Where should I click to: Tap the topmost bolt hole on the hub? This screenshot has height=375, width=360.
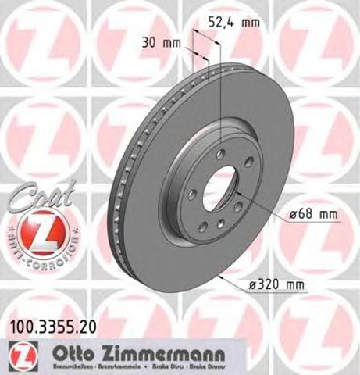(x=221, y=153)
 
